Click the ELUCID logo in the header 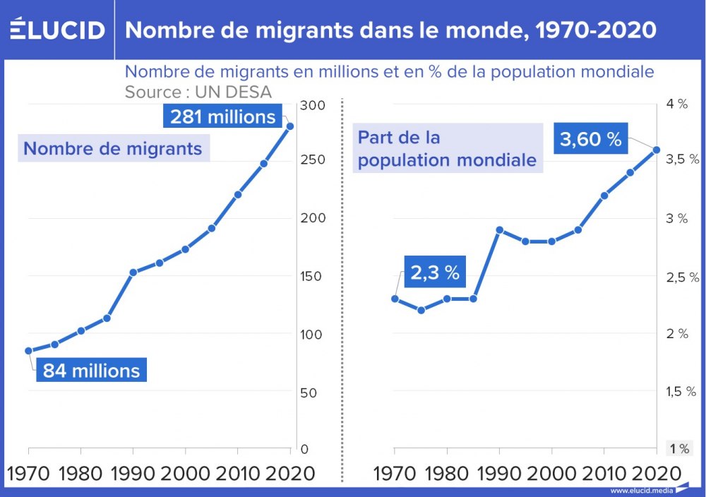point(57,30)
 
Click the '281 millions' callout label point(223,116)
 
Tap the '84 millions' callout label point(91,370)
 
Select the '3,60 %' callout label point(590,140)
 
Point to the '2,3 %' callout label point(435,273)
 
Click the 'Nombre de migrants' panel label point(113,149)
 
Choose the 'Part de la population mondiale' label point(447,149)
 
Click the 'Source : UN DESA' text point(198,92)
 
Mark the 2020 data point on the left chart point(289,126)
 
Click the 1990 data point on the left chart point(133,272)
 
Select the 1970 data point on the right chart point(395,299)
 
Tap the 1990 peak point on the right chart point(499,229)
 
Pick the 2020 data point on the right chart point(656,150)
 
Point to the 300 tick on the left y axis point(313,105)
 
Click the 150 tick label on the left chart point(313,276)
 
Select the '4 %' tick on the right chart point(676,104)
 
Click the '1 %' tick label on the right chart point(679,448)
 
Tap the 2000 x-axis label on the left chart point(186,472)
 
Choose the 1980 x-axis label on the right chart point(447,472)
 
